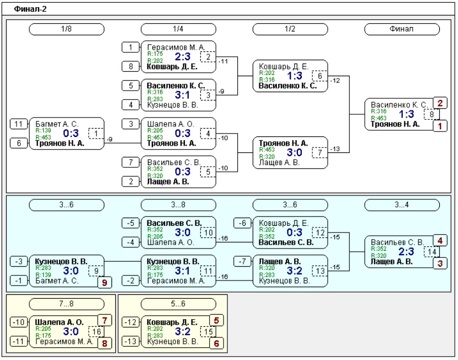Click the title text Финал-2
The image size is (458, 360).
tap(30, 9)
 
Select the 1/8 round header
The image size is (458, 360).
tap(67, 29)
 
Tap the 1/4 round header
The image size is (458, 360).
tap(178, 29)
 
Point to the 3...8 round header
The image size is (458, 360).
tap(178, 205)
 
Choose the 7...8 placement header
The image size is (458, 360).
tap(67, 304)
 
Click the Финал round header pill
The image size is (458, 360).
tap(402, 29)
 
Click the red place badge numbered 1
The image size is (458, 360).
tap(440, 126)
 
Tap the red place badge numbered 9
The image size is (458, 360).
tap(105, 283)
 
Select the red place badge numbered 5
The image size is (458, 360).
tap(216, 321)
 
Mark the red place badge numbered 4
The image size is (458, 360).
tap(440, 241)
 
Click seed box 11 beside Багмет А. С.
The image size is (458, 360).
tap(19, 124)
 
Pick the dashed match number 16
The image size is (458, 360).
tap(97, 332)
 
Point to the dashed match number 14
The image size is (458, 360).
tap(432, 252)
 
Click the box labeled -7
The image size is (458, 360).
tap(242, 262)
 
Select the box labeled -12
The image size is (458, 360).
tap(130, 322)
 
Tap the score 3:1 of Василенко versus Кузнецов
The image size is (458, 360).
tap(183, 95)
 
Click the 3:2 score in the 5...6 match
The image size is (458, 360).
tap(183, 331)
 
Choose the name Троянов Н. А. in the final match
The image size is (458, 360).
tap(395, 124)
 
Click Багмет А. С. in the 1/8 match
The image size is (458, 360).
tap(57, 124)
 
